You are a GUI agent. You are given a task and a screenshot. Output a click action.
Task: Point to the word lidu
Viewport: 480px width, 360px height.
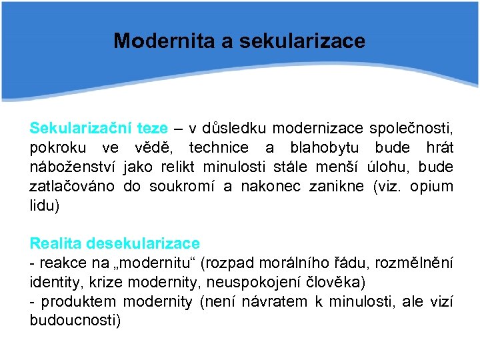[x=44, y=206]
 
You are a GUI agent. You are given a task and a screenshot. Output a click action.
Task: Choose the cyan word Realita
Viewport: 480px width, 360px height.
[x=56, y=244]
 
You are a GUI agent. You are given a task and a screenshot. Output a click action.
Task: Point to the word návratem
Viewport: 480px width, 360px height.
[x=274, y=302]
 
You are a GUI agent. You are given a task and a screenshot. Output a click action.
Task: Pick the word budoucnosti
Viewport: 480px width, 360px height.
[x=75, y=321]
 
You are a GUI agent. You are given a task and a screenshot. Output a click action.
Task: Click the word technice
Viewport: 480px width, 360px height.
[x=218, y=147]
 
